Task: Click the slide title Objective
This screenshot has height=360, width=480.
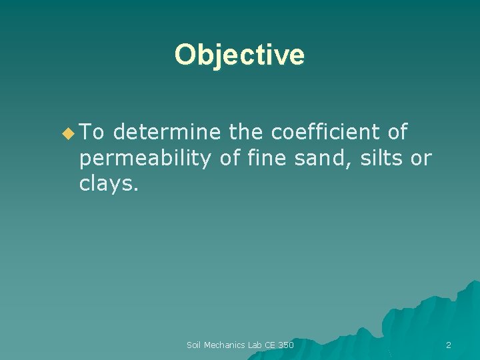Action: tap(239, 55)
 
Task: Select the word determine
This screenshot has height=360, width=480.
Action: tap(166, 133)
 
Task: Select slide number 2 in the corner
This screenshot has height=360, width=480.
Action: tap(448, 345)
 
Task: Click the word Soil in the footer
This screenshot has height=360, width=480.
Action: tap(194, 345)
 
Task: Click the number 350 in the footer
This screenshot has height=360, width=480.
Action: tap(285, 345)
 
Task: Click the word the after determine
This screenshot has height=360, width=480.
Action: tap(245, 133)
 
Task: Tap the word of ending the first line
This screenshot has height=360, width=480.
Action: tap(397, 133)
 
